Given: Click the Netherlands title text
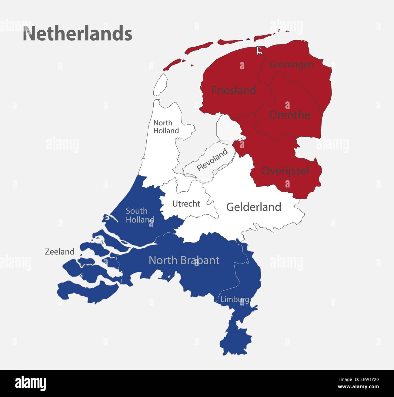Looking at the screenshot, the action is click(x=78, y=33).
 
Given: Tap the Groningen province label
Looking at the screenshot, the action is click(x=291, y=64).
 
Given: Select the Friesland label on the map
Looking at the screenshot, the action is click(x=233, y=90).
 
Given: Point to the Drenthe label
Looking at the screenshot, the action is click(x=289, y=115).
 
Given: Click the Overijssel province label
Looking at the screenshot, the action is click(x=285, y=171).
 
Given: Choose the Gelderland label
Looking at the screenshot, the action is click(x=254, y=207).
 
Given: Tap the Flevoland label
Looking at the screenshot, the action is click(x=212, y=160).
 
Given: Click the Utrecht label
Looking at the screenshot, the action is click(x=186, y=204).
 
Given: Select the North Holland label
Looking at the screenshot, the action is click(x=166, y=127).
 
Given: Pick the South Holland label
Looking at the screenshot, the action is click(x=140, y=215).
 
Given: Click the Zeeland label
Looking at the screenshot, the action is click(x=60, y=252).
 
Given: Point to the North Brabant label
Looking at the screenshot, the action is click(x=184, y=260).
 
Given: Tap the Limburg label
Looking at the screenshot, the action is click(x=235, y=300).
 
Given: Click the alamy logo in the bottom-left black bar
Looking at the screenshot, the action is click(x=31, y=383).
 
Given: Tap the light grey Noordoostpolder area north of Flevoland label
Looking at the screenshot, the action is click(x=228, y=128).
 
